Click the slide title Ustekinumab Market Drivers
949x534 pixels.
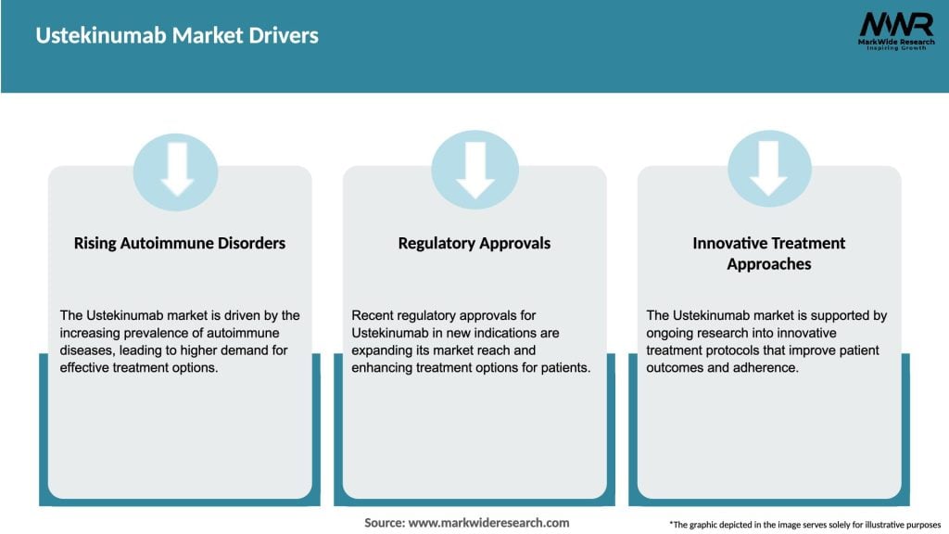[177, 35]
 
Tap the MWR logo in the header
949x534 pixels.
[895, 24]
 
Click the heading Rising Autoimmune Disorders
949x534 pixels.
[180, 243]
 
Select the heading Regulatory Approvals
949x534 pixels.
[474, 243]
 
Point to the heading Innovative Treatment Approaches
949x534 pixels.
[769, 253]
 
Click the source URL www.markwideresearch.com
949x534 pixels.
[488, 523]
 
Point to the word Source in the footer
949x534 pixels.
[384, 523]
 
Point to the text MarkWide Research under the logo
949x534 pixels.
[895, 43]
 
